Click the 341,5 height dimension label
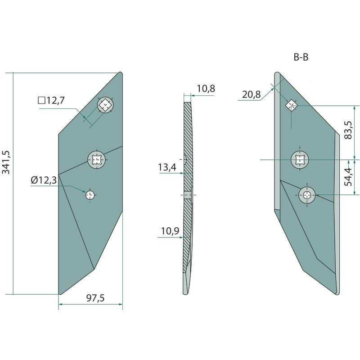[6, 162]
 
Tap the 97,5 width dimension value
[95, 298]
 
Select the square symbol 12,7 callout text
[51, 100]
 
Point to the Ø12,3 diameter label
[44, 180]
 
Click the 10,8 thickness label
[206, 89]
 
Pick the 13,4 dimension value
[167, 167]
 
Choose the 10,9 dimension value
[170, 231]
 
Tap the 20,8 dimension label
[252, 94]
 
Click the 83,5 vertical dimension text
[348, 130]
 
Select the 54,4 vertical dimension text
[348, 177]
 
